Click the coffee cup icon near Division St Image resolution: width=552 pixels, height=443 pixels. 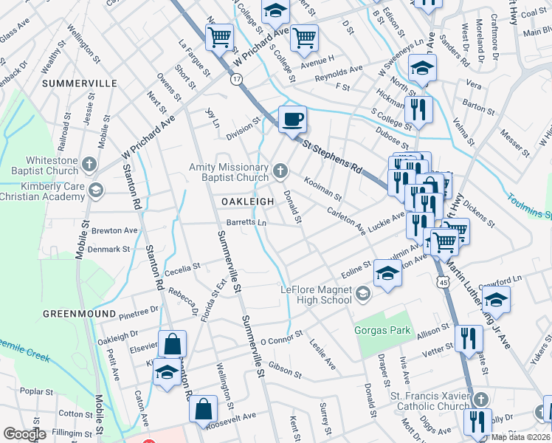pyautogui.click(x=292, y=118)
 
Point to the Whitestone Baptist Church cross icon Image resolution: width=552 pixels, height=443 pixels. pyautogui.click(x=89, y=163)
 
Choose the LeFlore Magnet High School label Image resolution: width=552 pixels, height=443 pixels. pyautogui.click(x=315, y=295)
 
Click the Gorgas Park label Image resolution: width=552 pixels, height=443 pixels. pyautogui.click(x=382, y=330)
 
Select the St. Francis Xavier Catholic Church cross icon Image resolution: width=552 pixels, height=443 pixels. pyautogui.click(x=480, y=399)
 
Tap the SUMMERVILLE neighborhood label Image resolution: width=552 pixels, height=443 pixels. pyautogui.click(x=80, y=83)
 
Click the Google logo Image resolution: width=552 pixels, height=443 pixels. pyautogui.click(x=24, y=434)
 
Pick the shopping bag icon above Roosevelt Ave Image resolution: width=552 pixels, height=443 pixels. pyautogui.click(x=204, y=409)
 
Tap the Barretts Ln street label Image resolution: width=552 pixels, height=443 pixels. pyautogui.click(x=246, y=221)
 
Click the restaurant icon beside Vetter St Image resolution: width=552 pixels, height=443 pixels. pyautogui.click(x=469, y=339)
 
